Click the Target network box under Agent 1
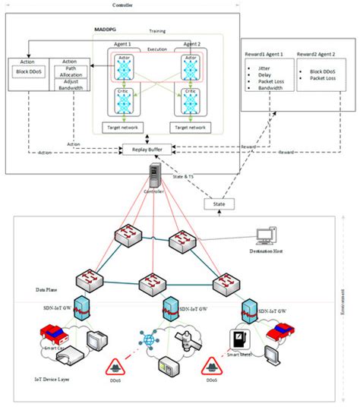pyautogui.click(x=123, y=128)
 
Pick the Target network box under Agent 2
pyautogui.click(x=190, y=128)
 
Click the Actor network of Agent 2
pyautogui.click(x=190, y=68)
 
